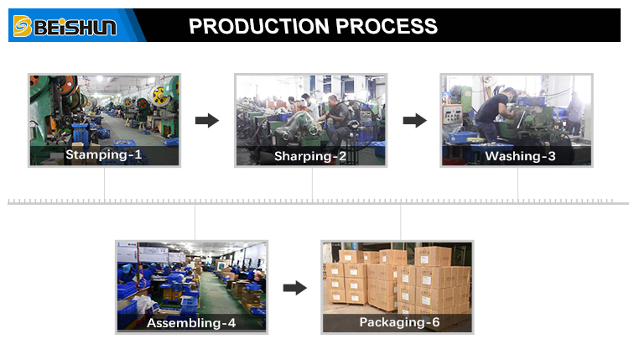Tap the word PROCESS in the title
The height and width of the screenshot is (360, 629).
(x=387, y=26)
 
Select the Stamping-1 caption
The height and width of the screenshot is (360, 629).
(x=104, y=155)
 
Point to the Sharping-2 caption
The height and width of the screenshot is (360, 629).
(x=310, y=156)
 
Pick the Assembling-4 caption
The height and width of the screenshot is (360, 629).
(x=192, y=322)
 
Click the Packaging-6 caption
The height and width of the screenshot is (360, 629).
(x=399, y=322)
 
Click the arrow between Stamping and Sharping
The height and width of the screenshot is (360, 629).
(x=207, y=121)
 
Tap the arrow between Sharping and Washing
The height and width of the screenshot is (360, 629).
(x=414, y=121)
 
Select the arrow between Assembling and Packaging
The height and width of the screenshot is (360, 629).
(x=294, y=288)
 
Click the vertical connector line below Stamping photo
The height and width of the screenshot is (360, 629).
(x=105, y=185)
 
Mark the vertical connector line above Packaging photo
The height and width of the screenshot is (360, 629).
(x=400, y=222)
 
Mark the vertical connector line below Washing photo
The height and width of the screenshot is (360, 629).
(x=517, y=185)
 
